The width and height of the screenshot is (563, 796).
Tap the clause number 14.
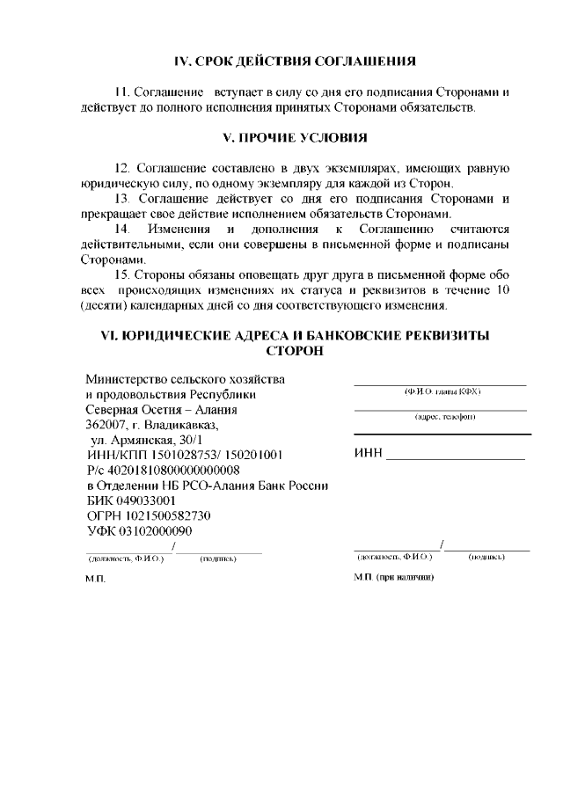[121, 229]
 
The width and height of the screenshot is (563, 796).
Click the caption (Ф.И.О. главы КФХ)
[442, 391]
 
